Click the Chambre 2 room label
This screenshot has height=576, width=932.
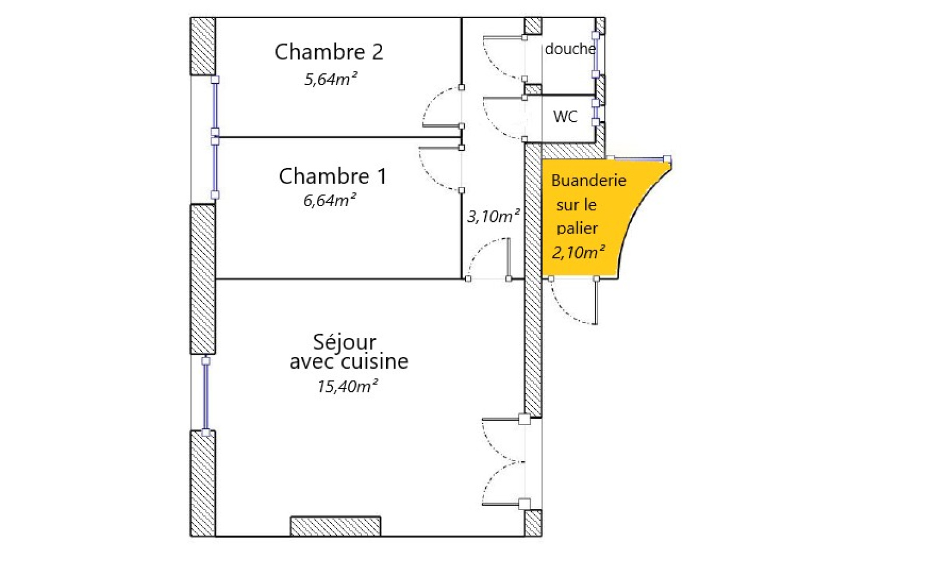coord(329,52)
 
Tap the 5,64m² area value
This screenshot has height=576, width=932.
coord(330,79)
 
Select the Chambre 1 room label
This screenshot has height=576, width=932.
coord(333,176)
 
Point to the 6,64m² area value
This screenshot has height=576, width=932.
coord(329,201)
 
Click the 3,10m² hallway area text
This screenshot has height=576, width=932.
coord(493,217)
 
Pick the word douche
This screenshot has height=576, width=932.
coord(570,50)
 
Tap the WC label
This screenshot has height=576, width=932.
coord(565,117)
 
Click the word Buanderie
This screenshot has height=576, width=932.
coord(588,181)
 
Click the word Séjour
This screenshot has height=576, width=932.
coord(344,342)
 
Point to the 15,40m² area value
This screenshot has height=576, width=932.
coord(347,387)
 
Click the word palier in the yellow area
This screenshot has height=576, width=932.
coord(577,228)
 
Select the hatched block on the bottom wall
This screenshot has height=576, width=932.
coord(336,526)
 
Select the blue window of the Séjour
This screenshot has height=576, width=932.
coord(206,396)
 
